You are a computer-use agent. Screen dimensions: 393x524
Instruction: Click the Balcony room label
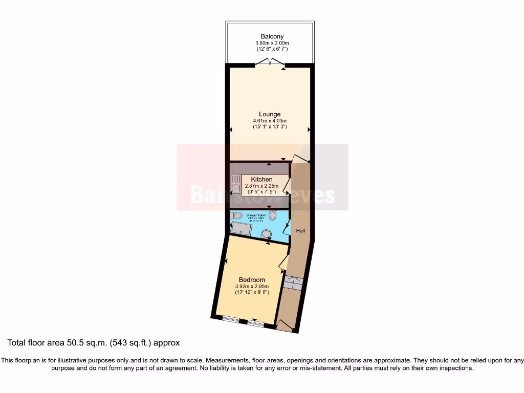point(272,36)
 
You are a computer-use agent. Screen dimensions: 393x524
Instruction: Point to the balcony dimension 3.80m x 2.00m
point(272,43)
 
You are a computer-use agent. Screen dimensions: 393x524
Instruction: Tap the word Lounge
point(270,114)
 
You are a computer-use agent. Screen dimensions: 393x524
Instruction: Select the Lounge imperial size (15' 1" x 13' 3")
point(270,127)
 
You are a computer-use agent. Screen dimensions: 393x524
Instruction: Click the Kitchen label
point(261,179)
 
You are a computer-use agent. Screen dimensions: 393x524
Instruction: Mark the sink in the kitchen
point(236,184)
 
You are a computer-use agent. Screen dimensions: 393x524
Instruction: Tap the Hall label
point(300,231)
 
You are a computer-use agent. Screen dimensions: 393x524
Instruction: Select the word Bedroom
point(252,280)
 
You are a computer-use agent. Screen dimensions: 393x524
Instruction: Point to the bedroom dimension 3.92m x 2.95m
point(252,287)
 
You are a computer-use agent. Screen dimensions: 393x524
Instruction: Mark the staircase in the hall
point(293,282)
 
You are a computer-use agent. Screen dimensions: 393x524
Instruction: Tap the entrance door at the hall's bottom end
point(283,325)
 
